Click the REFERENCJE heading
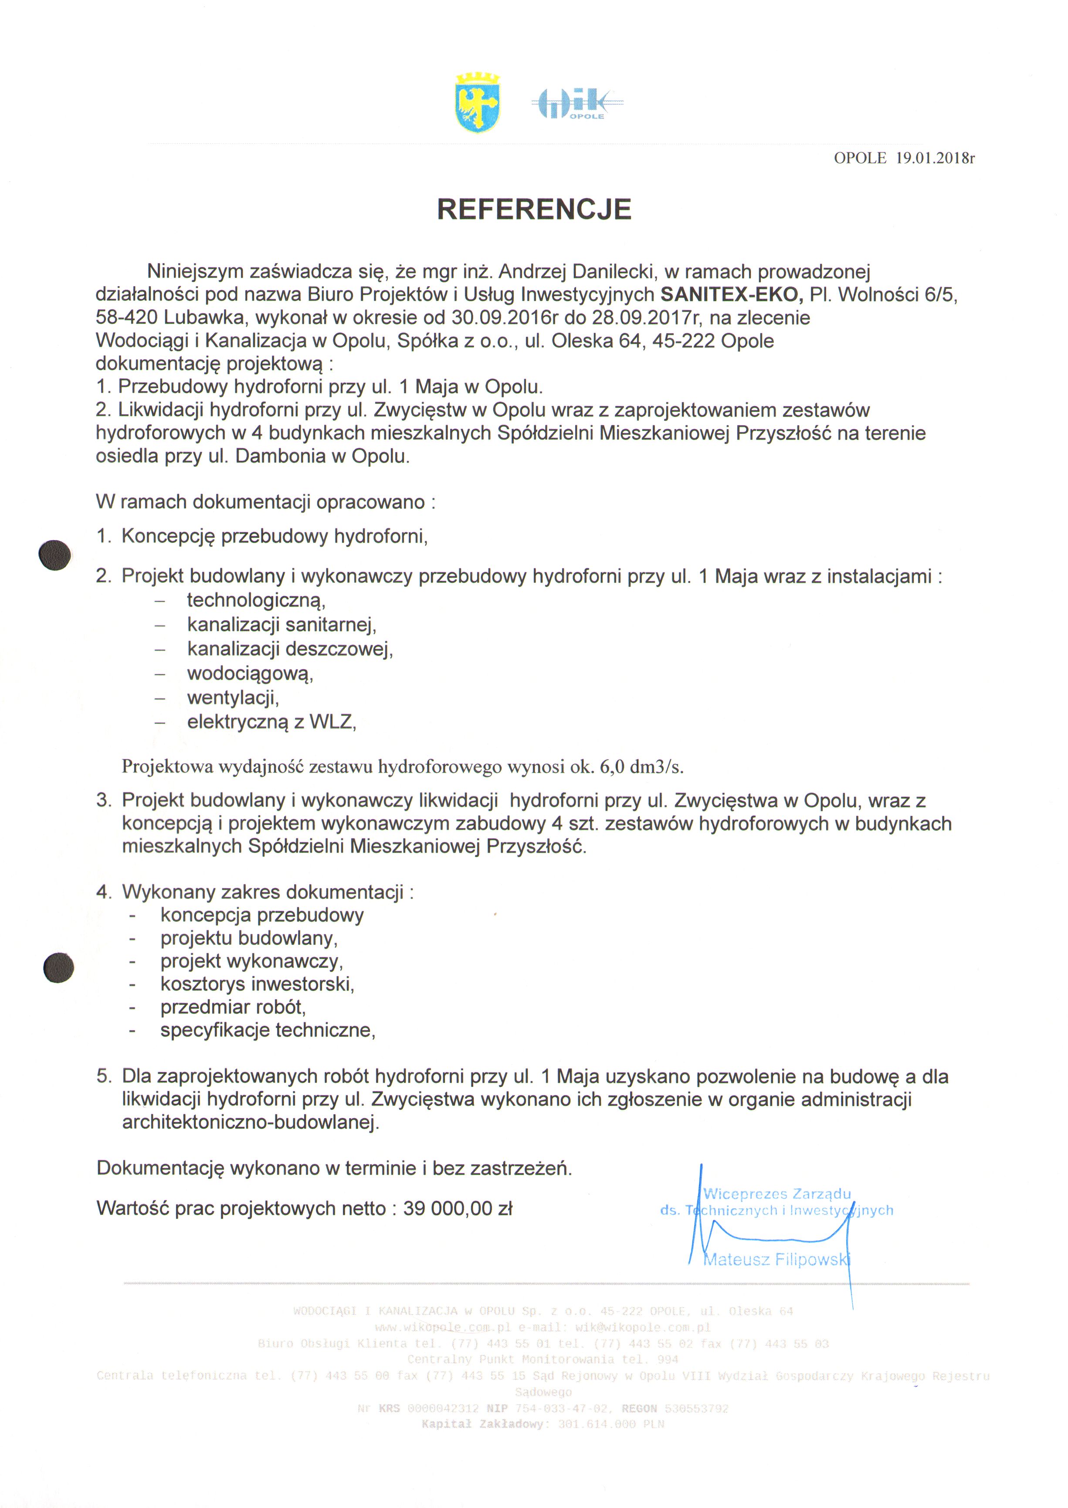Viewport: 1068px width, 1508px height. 534,210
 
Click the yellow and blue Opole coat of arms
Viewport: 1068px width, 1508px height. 478,103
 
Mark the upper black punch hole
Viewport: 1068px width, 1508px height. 54,555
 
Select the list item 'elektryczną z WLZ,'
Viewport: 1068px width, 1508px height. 271,722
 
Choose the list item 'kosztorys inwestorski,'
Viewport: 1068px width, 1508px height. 257,984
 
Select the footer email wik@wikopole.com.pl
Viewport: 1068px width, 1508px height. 643,1327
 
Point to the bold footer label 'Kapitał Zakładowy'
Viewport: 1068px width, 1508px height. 483,1424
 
